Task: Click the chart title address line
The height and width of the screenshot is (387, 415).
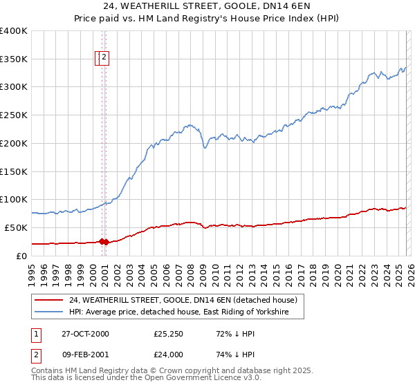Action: pos(207,6)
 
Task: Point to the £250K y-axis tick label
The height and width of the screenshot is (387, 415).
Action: pos(14,115)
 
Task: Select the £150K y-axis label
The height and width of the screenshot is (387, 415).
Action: pos(14,171)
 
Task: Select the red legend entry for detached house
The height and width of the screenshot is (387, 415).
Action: pos(183,300)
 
